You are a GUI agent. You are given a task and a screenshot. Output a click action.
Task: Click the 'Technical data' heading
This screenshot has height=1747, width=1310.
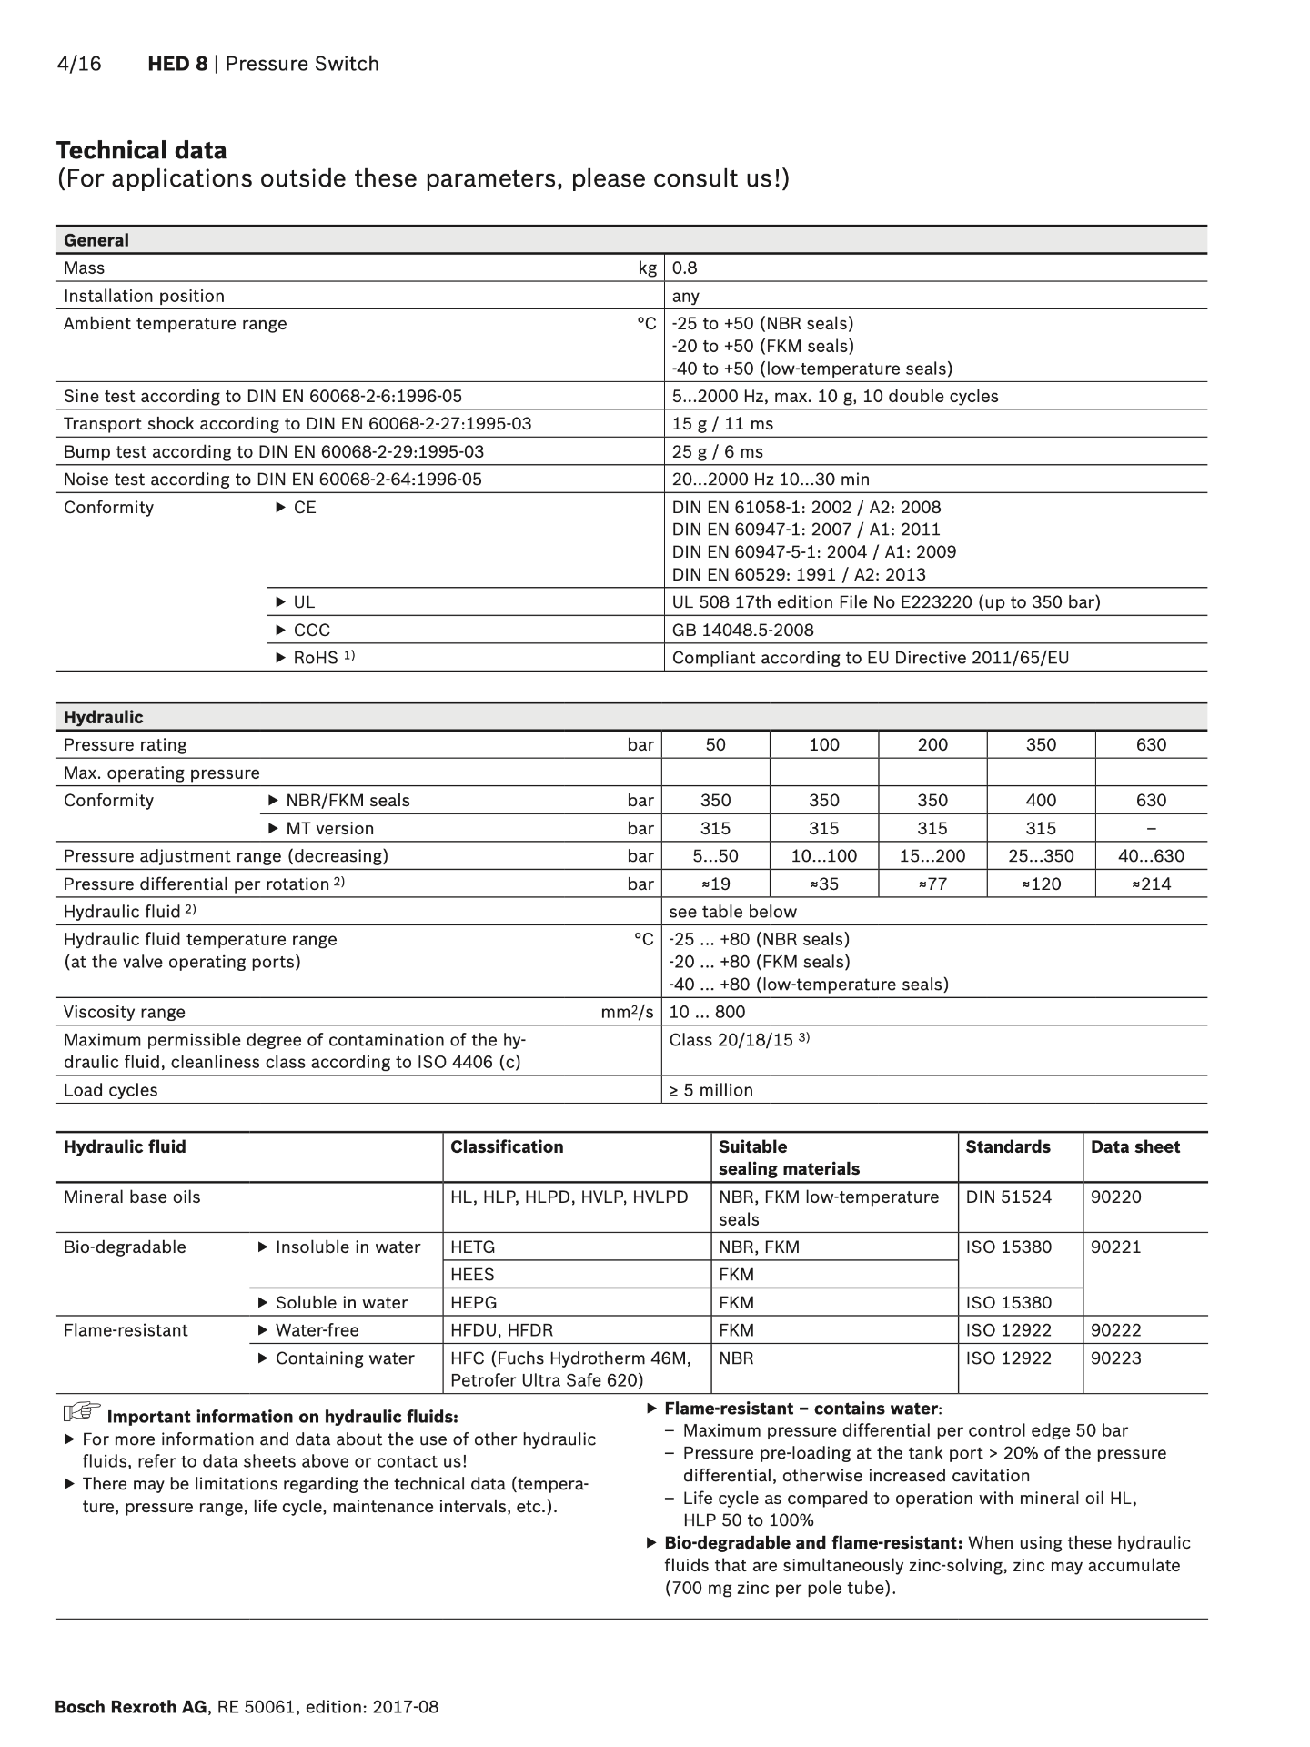(x=141, y=150)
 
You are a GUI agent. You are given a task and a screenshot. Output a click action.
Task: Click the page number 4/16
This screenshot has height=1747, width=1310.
(x=79, y=64)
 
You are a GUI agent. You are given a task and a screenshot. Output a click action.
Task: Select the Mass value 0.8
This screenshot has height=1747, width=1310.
(x=684, y=268)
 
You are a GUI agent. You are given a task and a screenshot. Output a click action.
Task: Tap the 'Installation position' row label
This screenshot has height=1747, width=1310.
(x=144, y=296)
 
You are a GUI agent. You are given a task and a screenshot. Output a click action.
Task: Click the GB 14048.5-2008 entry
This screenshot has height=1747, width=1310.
(x=742, y=630)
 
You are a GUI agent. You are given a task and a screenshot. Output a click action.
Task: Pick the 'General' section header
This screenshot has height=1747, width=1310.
(x=96, y=240)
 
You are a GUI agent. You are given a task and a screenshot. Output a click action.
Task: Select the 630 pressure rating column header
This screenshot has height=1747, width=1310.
(x=1151, y=744)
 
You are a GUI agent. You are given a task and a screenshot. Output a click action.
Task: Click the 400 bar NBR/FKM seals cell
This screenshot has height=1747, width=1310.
(x=1041, y=800)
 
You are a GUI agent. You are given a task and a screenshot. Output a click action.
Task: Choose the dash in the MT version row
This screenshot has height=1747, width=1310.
(x=1151, y=828)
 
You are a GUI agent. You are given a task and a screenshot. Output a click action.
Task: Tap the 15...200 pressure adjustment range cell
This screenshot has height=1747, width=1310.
(x=932, y=856)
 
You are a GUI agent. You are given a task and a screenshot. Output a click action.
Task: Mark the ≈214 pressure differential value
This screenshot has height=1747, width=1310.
(x=1151, y=884)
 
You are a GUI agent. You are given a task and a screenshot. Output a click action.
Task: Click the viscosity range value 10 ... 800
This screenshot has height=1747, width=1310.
(x=707, y=1012)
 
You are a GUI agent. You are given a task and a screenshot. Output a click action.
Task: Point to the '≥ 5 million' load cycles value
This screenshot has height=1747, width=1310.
(x=710, y=1090)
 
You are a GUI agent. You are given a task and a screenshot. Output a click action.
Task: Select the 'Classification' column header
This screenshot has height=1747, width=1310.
(x=507, y=1146)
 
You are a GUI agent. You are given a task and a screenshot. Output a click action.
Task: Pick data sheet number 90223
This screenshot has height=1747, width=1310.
(x=1115, y=1358)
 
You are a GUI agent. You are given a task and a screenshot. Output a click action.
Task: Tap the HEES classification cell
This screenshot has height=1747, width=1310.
(x=472, y=1274)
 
